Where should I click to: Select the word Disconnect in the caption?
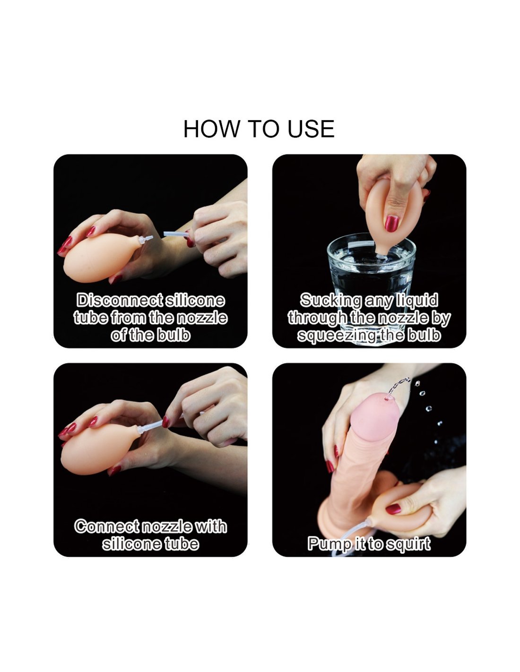(x=121, y=301)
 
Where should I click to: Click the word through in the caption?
(x=320, y=319)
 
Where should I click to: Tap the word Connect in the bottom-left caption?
(x=107, y=526)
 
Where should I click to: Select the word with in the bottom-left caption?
(x=210, y=526)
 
